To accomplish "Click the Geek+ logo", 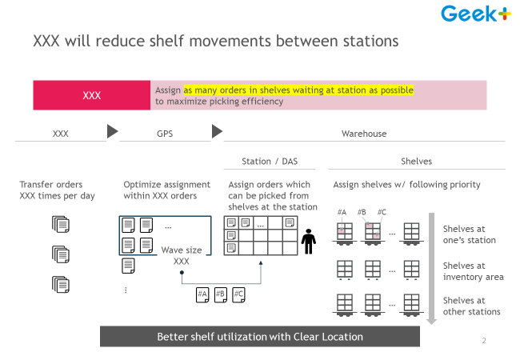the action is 475,14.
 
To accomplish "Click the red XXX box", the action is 92,95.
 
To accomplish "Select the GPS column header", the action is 165,134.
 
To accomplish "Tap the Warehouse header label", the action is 364,134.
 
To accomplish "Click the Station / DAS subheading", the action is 270,162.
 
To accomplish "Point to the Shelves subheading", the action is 417,162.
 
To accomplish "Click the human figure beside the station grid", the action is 309,242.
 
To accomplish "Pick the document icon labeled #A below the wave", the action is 202,294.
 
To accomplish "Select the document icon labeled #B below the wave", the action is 221,294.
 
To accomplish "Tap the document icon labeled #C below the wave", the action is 238,294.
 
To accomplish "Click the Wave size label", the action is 182,250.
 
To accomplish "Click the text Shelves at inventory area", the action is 474,271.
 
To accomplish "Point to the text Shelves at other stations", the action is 471,306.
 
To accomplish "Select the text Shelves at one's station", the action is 470,234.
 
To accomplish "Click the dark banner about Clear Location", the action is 260,337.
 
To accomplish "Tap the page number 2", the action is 484,341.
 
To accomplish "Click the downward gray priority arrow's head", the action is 431,322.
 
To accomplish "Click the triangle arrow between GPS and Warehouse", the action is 218,131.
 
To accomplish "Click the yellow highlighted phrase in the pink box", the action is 298,90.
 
